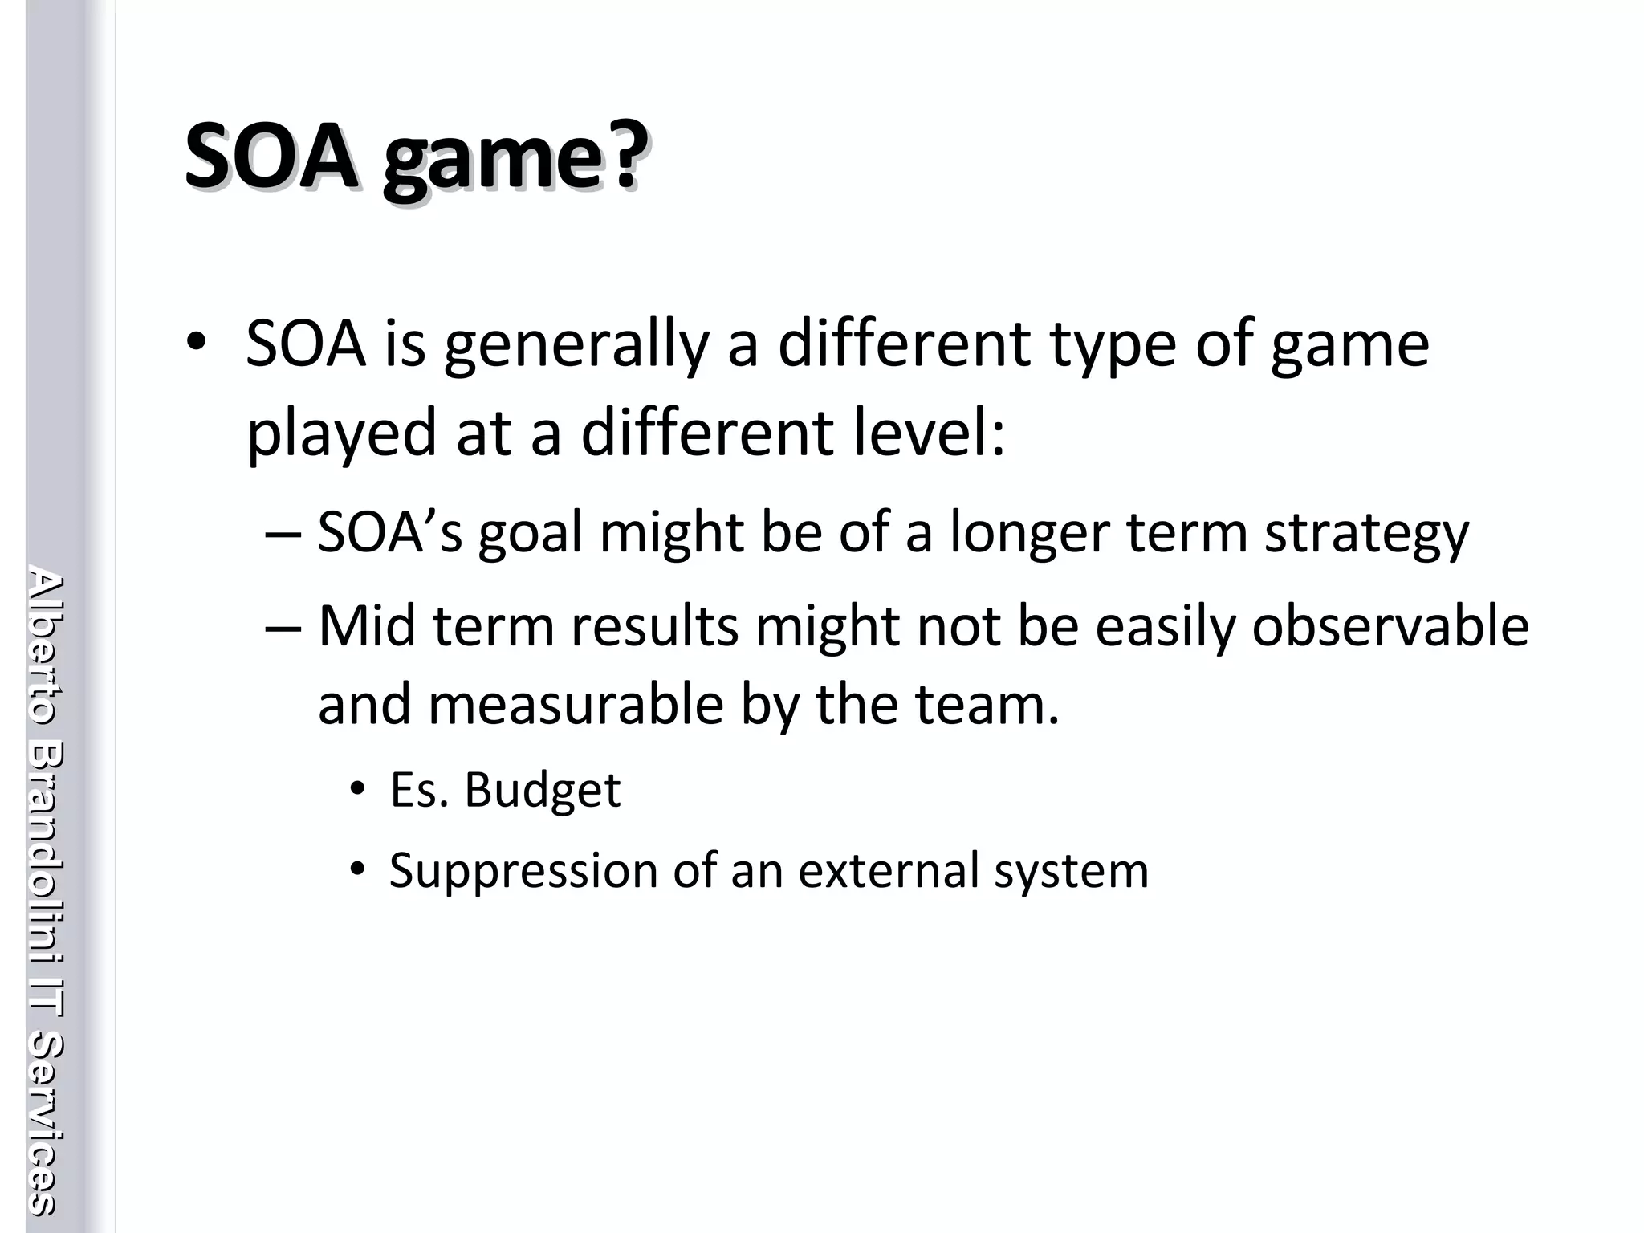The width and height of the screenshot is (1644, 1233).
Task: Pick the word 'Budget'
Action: (543, 791)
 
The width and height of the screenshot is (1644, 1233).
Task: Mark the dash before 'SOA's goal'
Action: (283, 533)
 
